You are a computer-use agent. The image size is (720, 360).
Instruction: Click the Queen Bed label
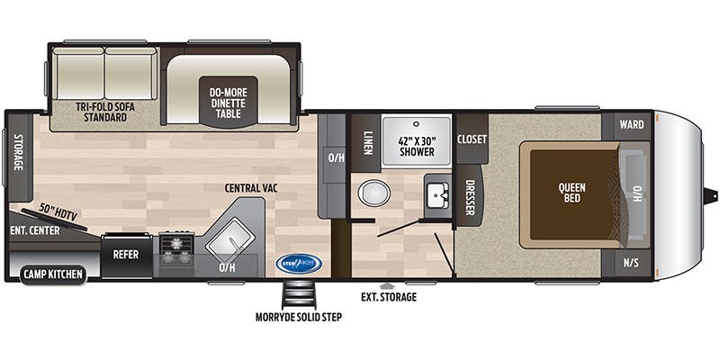pyautogui.click(x=572, y=193)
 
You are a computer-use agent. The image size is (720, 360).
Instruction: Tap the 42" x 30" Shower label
pyautogui.click(x=417, y=146)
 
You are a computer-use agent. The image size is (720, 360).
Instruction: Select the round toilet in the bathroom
pyautogui.click(x=373, y=193)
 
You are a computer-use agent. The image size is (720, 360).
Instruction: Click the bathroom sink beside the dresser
pyautogui.click(x=436, y=193)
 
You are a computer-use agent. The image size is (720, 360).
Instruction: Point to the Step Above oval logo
pyautogui.click(x=298, y=264)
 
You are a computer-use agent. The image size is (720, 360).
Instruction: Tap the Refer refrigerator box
pyautogui.click(x=125, y=255)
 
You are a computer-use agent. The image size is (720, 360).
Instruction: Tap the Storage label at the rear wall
pyautogui.click(x=17, y=157)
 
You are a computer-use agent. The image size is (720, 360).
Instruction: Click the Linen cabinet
pyautogui.click(x=364, y=142)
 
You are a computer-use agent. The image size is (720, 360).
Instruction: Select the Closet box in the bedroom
pyautogui.click(x=472, y=139)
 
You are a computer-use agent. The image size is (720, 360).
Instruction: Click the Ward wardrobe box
pyautogui.click(x=633, y=124)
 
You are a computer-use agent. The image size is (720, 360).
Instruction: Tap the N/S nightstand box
pyautogui.click(x=633, y=262)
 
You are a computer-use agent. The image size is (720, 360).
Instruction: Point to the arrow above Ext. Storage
pyautogui.click(x=388, y=285)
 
